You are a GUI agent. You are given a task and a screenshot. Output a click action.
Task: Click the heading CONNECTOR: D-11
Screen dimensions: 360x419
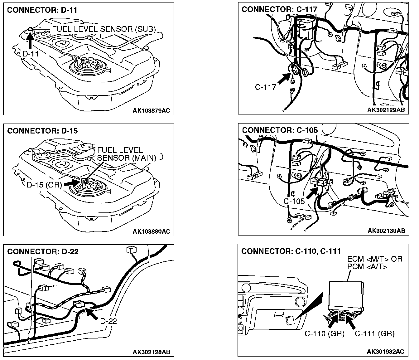click(x=42, y=10)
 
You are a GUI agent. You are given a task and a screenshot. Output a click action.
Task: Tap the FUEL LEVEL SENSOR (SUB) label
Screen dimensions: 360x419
click(x=104, y=29)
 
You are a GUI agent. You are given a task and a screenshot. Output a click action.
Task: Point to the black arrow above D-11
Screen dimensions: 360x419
click(x=30, y=40)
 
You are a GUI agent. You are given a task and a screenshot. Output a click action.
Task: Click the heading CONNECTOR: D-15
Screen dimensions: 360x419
click(x=42, y=131)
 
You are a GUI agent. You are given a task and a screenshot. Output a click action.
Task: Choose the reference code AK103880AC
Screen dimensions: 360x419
click(x=151, y=231)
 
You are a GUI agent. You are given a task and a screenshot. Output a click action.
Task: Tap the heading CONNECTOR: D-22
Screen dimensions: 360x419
click(x=43, y=251)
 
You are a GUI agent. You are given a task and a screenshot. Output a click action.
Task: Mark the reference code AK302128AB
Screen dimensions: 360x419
click(x=151, y=352)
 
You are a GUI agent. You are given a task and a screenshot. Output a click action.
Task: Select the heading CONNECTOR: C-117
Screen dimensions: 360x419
click(x=279, y=10)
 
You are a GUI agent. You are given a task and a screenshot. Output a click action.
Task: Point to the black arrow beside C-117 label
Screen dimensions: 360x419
click(x=285, y=78)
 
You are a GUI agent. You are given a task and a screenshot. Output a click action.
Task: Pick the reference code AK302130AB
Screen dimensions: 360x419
click(x=386, y=231)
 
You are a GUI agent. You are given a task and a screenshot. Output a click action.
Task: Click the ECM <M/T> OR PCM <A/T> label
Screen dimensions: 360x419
click(x=375, y=263)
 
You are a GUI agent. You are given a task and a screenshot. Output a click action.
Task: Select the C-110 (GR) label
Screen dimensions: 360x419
click(x=324, y=334)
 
